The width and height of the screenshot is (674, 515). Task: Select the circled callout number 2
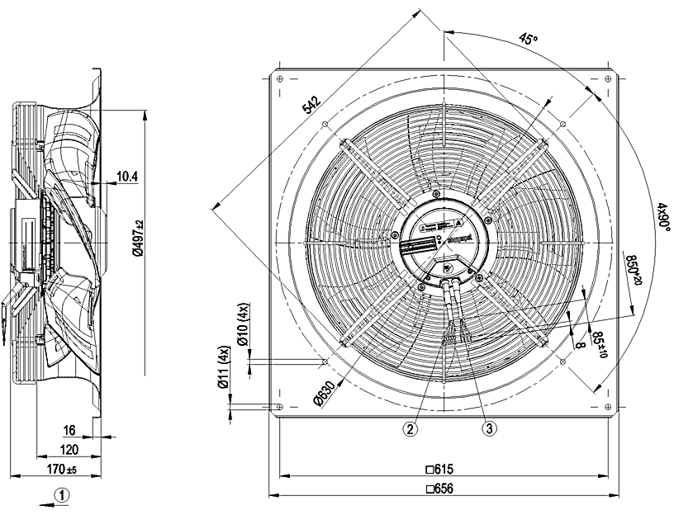coord(411,428)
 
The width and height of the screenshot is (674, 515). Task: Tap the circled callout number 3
coord(489,428)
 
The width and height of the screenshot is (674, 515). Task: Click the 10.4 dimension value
coord(127,176)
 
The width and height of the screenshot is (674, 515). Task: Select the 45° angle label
coord(528,40)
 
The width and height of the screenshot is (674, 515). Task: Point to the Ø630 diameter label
coord(325,395)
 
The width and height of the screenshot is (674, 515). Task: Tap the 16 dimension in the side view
coord(69,430)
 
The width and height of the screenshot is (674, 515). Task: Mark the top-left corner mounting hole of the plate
coord(281,78)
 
